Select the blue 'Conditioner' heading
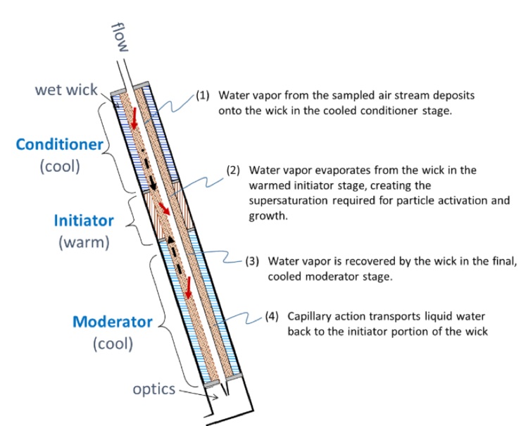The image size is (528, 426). click(60, 146)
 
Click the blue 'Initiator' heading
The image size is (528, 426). click(84, 220)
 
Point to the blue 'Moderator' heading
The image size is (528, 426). click(113, 322)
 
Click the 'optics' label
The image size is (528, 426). click(154, 389)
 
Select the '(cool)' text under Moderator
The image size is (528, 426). click(113, 345)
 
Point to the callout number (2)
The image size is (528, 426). click(234, 170)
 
